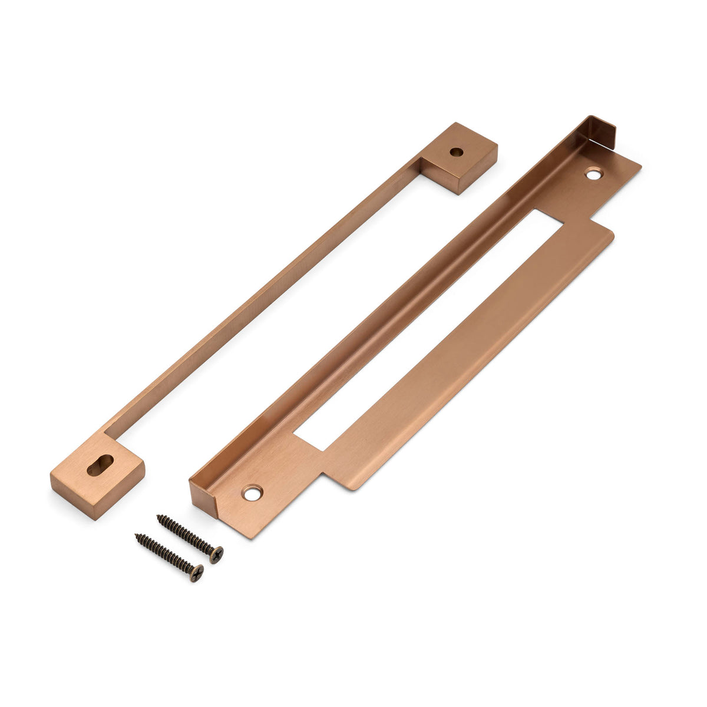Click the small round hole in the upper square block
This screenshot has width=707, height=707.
click(x=455, y=151)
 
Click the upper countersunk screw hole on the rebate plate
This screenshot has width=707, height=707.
click(x=593, y=173)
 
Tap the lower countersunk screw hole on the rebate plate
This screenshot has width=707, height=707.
click(x=253, y=493)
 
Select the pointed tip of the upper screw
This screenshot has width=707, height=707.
click(x=158, y=517)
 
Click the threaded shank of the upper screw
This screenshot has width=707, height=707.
click(x=186, y=535)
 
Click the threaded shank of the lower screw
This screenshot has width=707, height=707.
click(x=165, y=553)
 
